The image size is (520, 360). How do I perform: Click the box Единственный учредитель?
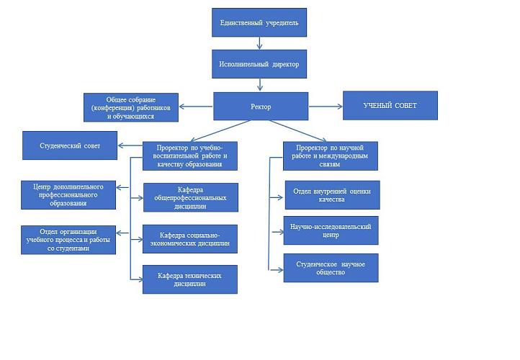click(x=259, y=22)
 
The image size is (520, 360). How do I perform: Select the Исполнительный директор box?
click(x=259, y=64)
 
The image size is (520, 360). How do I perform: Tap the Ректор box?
click(x=261, y=106)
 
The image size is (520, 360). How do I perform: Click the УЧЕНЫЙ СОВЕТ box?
click(x=390, y=106)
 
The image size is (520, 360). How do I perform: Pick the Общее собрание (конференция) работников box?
click(x=131, y=107)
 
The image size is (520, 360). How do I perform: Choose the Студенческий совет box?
click(x=70, y=145)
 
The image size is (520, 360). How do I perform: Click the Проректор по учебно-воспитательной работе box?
click(x=191, y=156)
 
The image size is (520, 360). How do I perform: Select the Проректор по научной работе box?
click(x=331, y=156)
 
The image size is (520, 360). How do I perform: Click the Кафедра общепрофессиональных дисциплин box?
click(x=190, y=197)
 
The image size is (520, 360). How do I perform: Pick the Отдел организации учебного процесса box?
click(x=69, y=240)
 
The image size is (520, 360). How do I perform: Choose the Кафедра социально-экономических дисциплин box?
click(x=190, y=238)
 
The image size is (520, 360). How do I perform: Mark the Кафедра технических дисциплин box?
click(x=190, y=279)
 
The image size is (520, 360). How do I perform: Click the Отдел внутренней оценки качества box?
click(x=331, y=194)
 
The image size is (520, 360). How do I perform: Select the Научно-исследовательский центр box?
click(x=331, y=230)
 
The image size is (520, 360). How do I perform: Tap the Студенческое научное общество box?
click(x=331, y=268)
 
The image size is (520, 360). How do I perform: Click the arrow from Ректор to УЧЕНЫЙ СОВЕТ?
click(x=326, y=107)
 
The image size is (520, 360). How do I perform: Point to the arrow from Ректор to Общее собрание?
click(x=196, y=107)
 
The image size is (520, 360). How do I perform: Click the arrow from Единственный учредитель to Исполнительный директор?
click(x=259, y=43)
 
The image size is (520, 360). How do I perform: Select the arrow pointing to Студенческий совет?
click(x=130, y=146)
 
